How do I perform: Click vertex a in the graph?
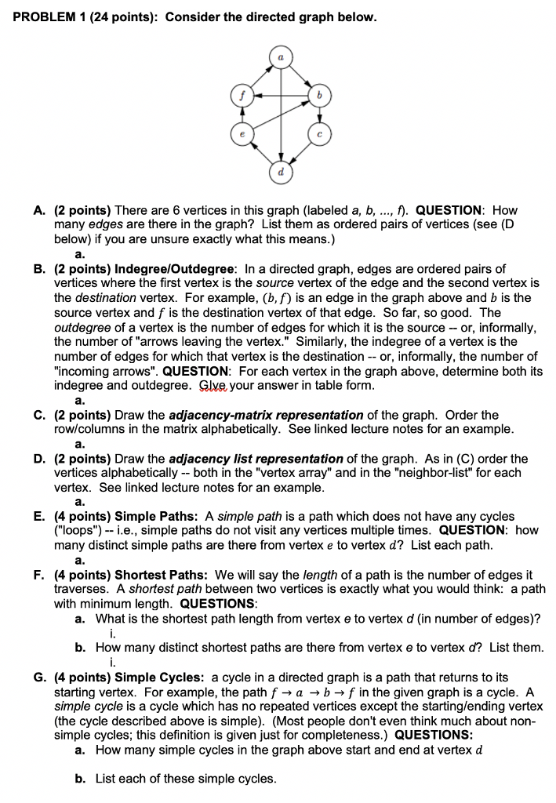(x=280, y=57)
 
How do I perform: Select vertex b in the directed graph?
(x=318, y=95)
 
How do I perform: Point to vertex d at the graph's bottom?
(x=280, y=169)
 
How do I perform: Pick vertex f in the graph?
(x=242, y=95)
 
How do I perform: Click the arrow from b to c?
(x=318, y=114)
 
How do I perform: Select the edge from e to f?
(x=242, y=114)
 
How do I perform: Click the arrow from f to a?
(x=260, y=76)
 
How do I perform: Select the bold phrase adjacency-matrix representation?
(x=266, y=415)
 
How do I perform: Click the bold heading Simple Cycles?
(x=161, y=677)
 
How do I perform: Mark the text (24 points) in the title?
(x=129, y=16)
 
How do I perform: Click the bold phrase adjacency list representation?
(x=256, y=459)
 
